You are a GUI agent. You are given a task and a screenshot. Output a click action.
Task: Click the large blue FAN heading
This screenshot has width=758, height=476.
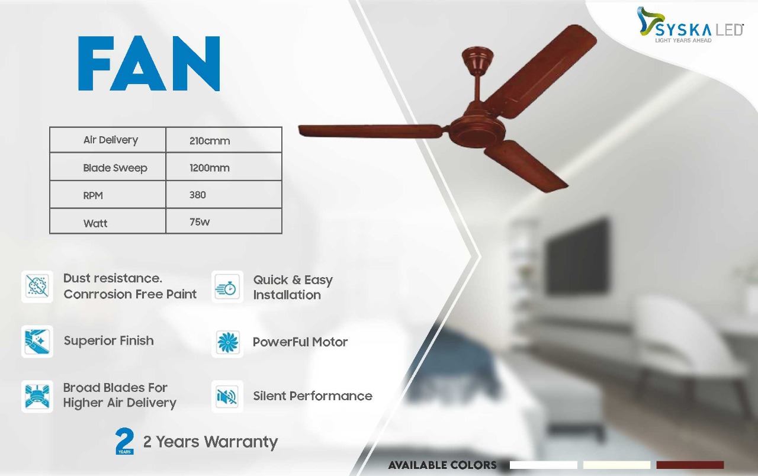(x=149, y=63)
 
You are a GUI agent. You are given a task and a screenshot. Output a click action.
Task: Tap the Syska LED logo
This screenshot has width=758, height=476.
(x=690, y=25)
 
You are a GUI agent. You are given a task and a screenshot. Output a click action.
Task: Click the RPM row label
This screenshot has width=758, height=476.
(x=93, y=195)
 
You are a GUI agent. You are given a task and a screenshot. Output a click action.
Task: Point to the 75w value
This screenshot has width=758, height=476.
(x=200, y=222)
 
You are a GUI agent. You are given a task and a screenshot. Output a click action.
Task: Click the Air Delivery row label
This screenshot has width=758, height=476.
(x=111, y=140)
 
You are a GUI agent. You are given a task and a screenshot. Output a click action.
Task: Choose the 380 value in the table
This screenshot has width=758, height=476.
(x=198, y=195)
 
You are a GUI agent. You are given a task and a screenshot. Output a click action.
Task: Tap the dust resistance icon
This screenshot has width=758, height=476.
(x=37, y=287)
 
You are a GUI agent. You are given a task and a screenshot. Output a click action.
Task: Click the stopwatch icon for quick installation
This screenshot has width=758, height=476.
(x=227, y=287)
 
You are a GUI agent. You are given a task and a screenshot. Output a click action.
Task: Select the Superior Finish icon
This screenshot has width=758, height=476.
(x=37, y=342)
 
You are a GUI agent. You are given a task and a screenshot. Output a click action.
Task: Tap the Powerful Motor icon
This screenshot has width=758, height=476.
(x=227, y=343)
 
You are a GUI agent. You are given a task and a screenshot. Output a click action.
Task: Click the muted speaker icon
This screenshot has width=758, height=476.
(x=227, y=397)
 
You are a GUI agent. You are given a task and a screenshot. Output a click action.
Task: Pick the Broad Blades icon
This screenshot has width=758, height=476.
(x=37, y=397)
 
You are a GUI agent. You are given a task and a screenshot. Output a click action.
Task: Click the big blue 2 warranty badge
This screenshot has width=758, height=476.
(x=124, y=441)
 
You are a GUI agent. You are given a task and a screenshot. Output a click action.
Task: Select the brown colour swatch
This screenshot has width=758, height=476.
(x=690, y=465)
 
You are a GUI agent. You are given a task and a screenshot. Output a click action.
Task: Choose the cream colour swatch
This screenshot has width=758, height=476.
(x=616, y=465)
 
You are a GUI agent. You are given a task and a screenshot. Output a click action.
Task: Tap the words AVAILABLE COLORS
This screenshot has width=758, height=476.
(x=442, y=465)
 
